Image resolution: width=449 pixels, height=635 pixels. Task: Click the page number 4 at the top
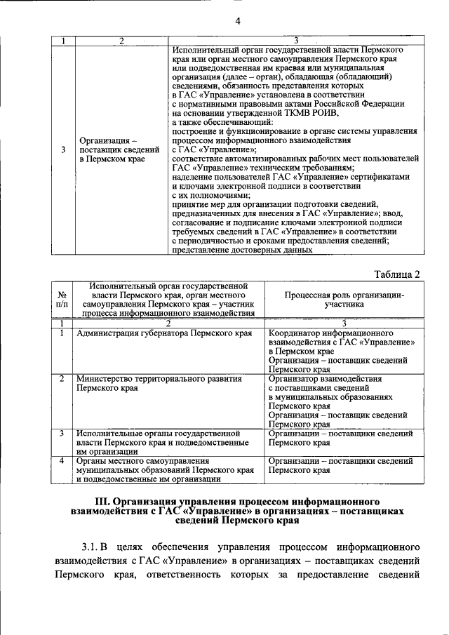tap(238, 21)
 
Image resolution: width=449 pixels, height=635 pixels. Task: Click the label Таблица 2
tap(396, 274)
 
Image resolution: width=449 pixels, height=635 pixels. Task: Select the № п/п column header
tap(62, 300)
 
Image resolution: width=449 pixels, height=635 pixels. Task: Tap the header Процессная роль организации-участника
tap(344, 300)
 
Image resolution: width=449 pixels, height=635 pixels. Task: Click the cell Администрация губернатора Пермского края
tap(163, 333)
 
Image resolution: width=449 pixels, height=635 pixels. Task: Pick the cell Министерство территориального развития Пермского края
tap(159, 382)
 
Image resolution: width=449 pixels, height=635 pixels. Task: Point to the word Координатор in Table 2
tap(297, 333)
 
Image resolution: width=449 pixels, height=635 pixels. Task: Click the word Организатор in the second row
tap(296, 378)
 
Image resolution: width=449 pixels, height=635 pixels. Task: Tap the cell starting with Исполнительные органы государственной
tap(161, 443)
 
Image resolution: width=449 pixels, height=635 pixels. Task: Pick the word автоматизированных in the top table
tap(256, 159)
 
